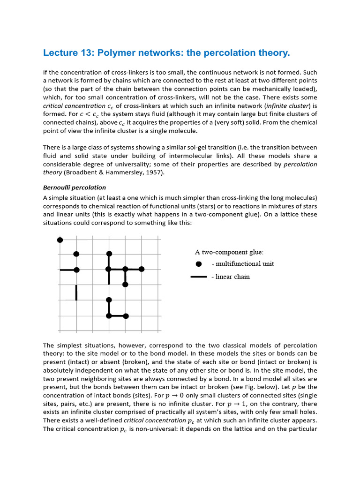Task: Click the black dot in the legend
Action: click(199, 264)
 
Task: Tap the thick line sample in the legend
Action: click(199, 277)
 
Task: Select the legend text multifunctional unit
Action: click(243, 264)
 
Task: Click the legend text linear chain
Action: click(230, 277)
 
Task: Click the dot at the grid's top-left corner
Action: click(60, 240)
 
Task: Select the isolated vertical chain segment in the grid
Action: click(76, 292)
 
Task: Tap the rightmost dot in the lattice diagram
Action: click(142, 269)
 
